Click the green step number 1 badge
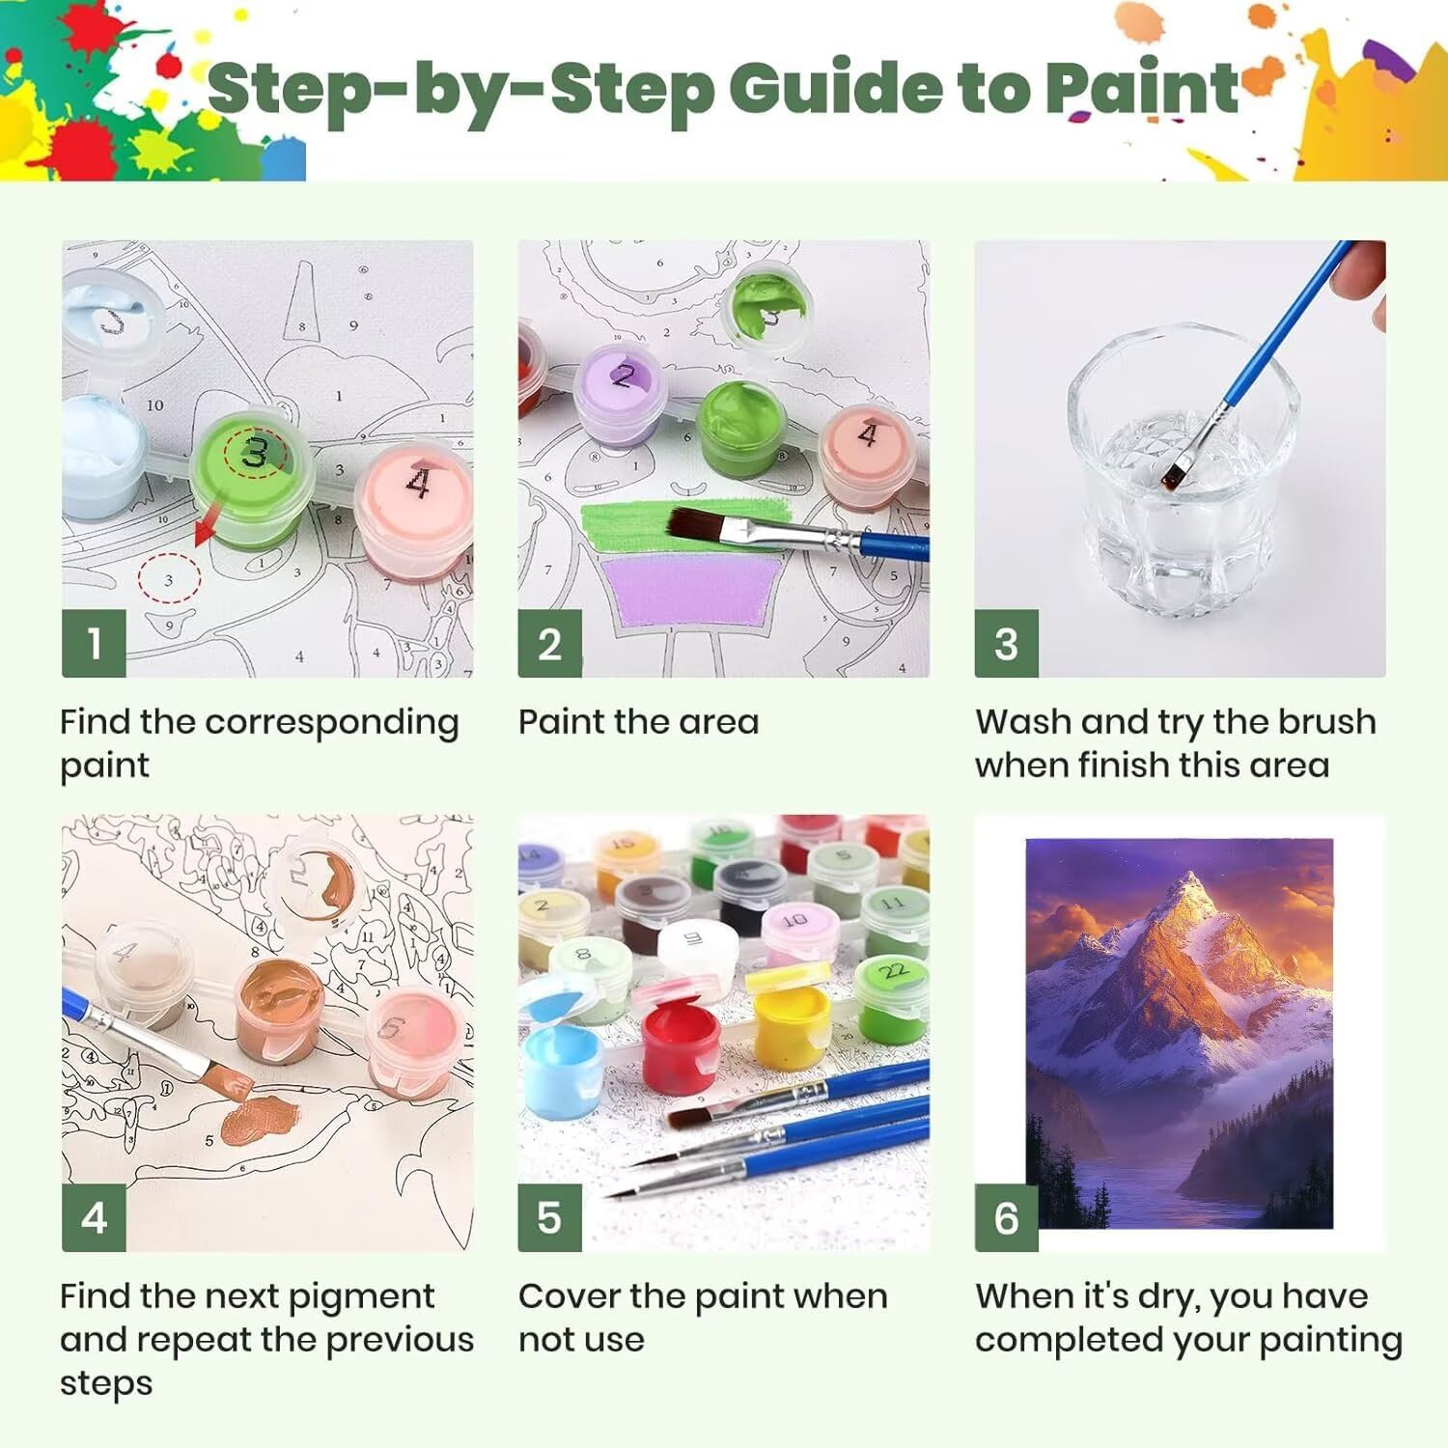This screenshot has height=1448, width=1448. pyautogui.click(x=94, y=643)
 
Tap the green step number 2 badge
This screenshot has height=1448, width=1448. pyautogui.click(x=549, y=643)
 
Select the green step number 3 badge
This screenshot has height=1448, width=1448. pyautogui.click(x=1006, y=643)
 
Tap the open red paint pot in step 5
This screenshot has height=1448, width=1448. pyautogui.click(x=682, y=1038)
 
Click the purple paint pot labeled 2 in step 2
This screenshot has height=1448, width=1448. pyautogui.click(x=622, y=395)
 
